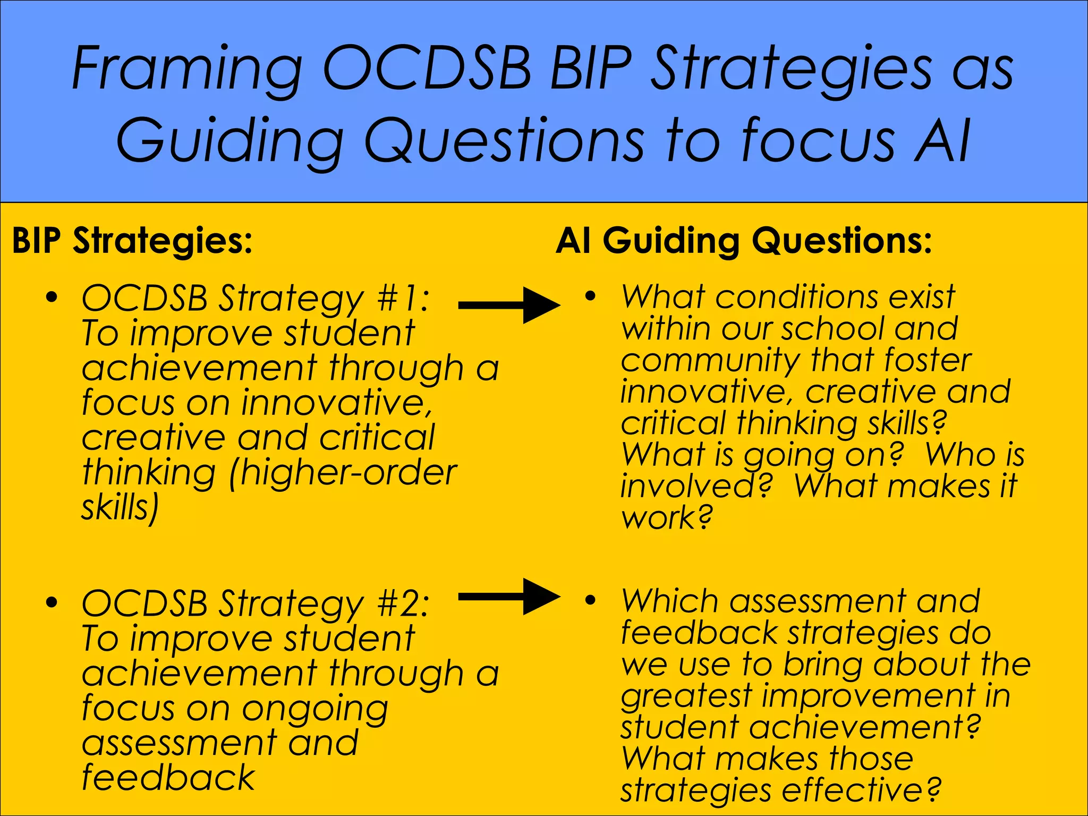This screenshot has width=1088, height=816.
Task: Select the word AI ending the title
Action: [943, 141]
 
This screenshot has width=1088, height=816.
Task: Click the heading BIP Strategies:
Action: [132, 241]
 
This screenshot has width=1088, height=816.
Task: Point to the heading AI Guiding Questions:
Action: [744, 241]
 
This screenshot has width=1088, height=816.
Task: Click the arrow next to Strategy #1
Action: [509, 305]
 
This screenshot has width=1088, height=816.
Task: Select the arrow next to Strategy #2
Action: [509, 597]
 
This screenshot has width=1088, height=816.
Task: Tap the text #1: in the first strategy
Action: [402, 299]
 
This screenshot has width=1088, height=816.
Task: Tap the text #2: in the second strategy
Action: [402, 604]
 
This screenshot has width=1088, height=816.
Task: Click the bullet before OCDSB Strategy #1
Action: [52, 297]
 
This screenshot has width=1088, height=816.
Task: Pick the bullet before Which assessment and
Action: [590, 601]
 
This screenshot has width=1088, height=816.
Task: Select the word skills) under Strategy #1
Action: [120, 508]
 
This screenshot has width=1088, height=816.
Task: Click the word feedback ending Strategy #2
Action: [168, 778]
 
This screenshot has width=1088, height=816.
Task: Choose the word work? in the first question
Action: [666, 518]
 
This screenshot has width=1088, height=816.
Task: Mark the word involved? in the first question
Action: [696, 486]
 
